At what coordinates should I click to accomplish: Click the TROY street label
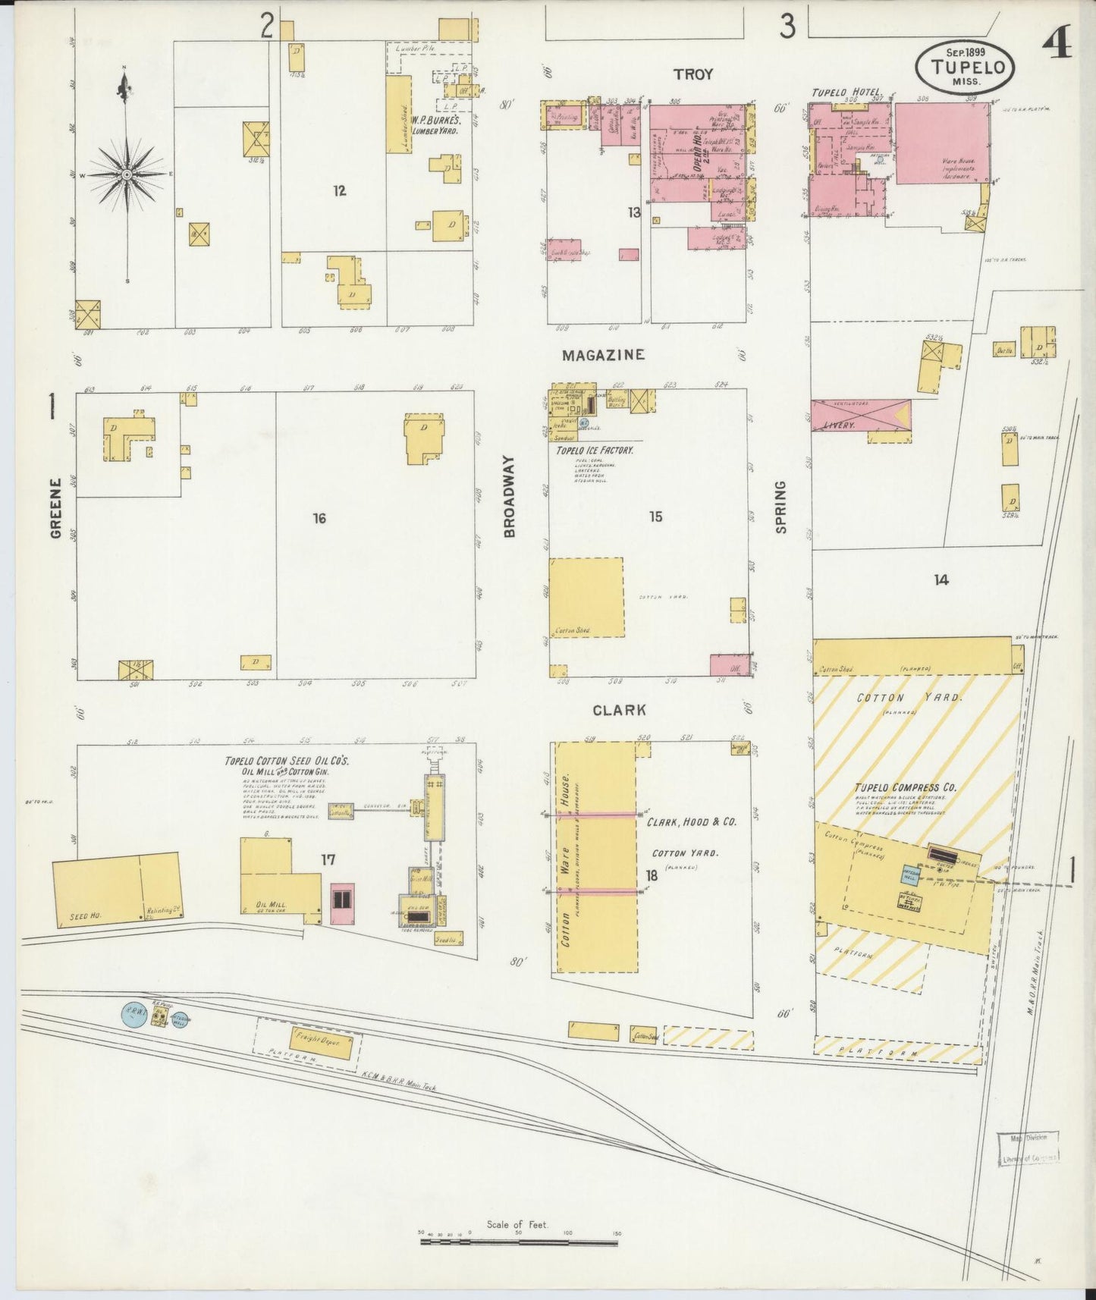tap(693, 74)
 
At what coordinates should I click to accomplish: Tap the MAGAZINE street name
tap(603, 354)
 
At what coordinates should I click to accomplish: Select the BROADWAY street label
tap(509, 497)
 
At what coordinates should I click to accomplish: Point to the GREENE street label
tap(55, 508)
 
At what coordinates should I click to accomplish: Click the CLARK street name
tap(619, 710)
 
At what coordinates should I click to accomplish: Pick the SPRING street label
tap(781, 507)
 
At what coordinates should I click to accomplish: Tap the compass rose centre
tap(127, 174)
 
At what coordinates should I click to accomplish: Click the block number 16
tap(319, 518)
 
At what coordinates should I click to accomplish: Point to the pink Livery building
tap(861, 416)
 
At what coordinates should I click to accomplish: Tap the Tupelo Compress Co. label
tap(905, 788)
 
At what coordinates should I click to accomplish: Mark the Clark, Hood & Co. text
tap(691, 821)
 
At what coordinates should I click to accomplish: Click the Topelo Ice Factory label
tap(595, 451)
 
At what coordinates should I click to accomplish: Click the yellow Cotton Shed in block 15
tap(586, 597)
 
